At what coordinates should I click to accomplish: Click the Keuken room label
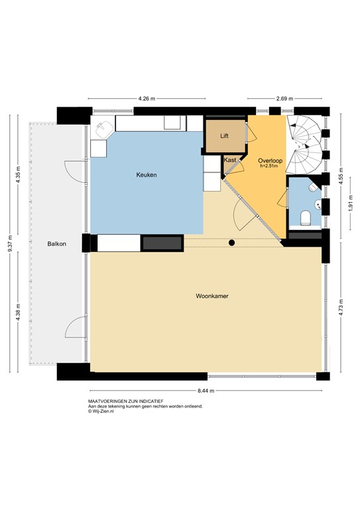pos(147,175)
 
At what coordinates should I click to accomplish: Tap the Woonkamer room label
pos(212,296)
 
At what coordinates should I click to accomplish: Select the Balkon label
pos(56,245)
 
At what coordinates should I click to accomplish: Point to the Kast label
pos(230,160)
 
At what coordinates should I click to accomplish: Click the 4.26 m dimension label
pos(147,99)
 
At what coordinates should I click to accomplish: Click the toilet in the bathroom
pos(306,217)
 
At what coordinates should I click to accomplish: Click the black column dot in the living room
pos(231,243)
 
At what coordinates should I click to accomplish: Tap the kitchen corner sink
pos(101,129)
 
